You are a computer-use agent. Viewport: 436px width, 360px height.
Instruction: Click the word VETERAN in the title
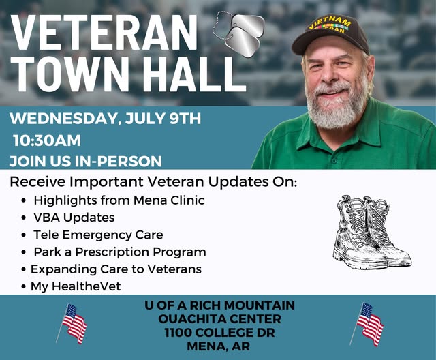pos(104,32)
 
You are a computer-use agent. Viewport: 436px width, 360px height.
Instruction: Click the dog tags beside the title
pos(239,33)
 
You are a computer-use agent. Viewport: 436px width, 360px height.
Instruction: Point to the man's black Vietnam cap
pos(330,33)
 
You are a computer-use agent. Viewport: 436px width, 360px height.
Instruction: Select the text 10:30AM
pos(47,140)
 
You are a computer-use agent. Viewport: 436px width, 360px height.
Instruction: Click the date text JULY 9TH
pos(163,118)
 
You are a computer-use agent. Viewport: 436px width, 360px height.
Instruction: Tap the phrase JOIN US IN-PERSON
pos(86,162)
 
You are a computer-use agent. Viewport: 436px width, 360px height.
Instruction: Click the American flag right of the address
pos(367,324)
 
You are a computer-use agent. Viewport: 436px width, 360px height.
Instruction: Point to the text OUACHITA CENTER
pos(219,319)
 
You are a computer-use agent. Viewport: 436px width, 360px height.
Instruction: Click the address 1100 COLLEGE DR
pos(219,333)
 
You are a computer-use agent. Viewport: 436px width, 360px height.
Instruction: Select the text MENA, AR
pos(219,346)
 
